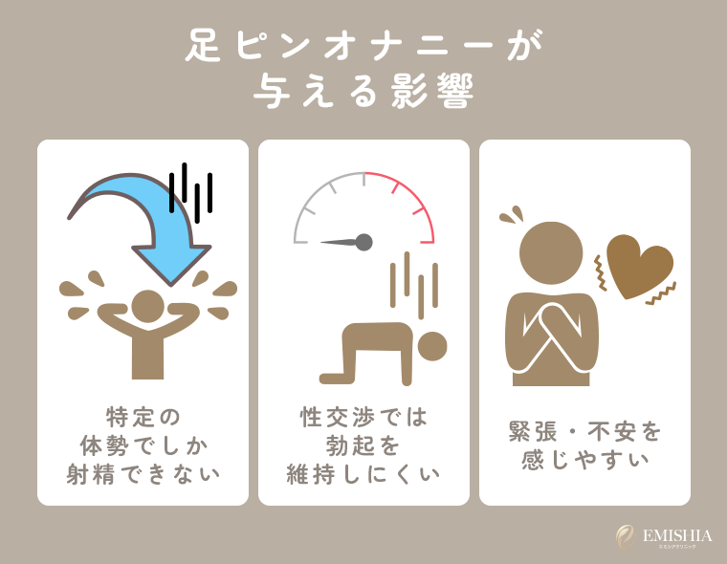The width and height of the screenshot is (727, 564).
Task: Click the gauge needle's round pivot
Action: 363,242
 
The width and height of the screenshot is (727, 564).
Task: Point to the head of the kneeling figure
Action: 432,346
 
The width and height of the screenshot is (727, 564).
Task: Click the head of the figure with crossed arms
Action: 550,253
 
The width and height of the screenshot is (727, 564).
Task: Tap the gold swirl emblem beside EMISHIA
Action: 625,536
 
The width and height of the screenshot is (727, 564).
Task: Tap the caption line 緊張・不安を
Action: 584,431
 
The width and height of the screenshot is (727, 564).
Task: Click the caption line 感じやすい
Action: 584,459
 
